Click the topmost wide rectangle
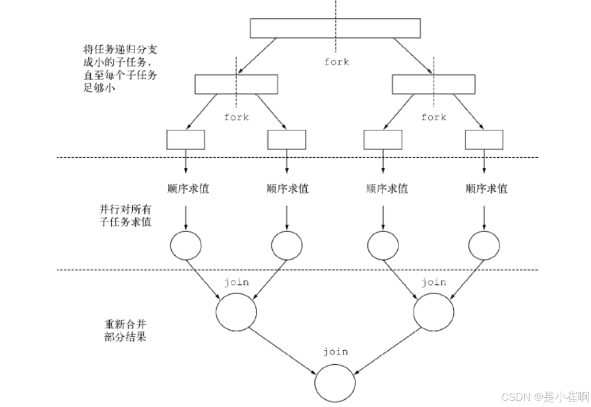click(x=335, y=28)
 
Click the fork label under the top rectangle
click(x=337, y=62)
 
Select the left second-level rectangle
click(x=236, y=84)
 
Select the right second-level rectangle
click(x=434, y=84)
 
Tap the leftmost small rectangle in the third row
click(x=185, y=140)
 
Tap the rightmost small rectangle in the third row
click(x=484, y=140)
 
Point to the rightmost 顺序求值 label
click(x=486, y=188)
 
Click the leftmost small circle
click(x=186, y=245)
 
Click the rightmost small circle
click(x=484, y=245)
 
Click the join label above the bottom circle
click(x=335, y=352)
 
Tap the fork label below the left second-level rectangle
click(x=236, y=117)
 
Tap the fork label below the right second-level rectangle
click(x=434, y=117)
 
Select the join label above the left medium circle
click(x=236, y=282)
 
